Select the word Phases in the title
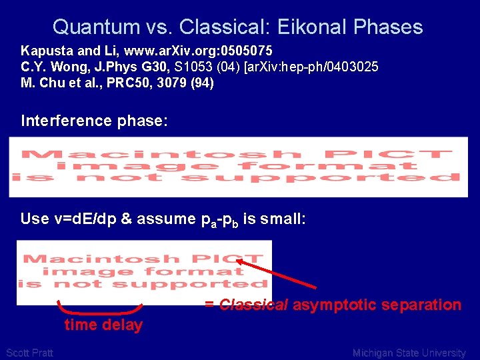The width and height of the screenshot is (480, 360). click(x=389, y=27)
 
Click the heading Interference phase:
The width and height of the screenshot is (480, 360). click(x=94, y=121)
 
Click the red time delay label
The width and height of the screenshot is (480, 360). click(x=103, y=325)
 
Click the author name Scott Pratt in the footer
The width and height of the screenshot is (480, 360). click(x=29, y=353)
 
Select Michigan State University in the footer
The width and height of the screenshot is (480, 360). click(x=409, y=353)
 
